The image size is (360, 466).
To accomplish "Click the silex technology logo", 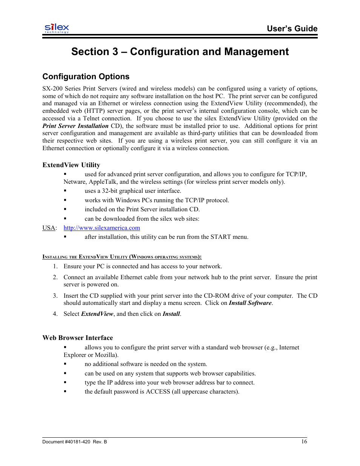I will pos(57,28).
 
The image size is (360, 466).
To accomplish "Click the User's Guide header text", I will pos(292,29).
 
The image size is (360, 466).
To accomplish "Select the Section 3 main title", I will pos(180,52).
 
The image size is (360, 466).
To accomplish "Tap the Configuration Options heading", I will pos(86,77).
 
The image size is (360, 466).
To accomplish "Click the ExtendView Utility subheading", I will pos(71,165).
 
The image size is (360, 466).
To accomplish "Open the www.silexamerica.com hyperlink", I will pos(102,228).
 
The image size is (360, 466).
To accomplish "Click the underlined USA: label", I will pos(49,228).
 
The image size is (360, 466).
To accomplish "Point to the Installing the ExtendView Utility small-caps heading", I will pos(122,257).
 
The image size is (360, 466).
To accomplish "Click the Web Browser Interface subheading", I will pos(77,338).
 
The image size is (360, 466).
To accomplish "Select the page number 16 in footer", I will pos(304,441).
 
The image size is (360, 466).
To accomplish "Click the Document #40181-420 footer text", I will pos(74,442).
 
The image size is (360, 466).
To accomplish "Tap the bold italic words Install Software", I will pos(250,303).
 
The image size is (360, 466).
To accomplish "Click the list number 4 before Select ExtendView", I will pos(55,314).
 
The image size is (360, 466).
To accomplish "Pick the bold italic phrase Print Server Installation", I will pos(75,126).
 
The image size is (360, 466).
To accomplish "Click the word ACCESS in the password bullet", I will pos(158,392).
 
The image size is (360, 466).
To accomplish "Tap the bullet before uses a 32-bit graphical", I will pos(65,191).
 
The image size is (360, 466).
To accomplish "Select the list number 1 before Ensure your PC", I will pos(55,266).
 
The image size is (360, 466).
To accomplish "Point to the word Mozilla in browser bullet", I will pos(106,355).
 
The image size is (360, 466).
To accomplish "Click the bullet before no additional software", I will pos(65,364).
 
